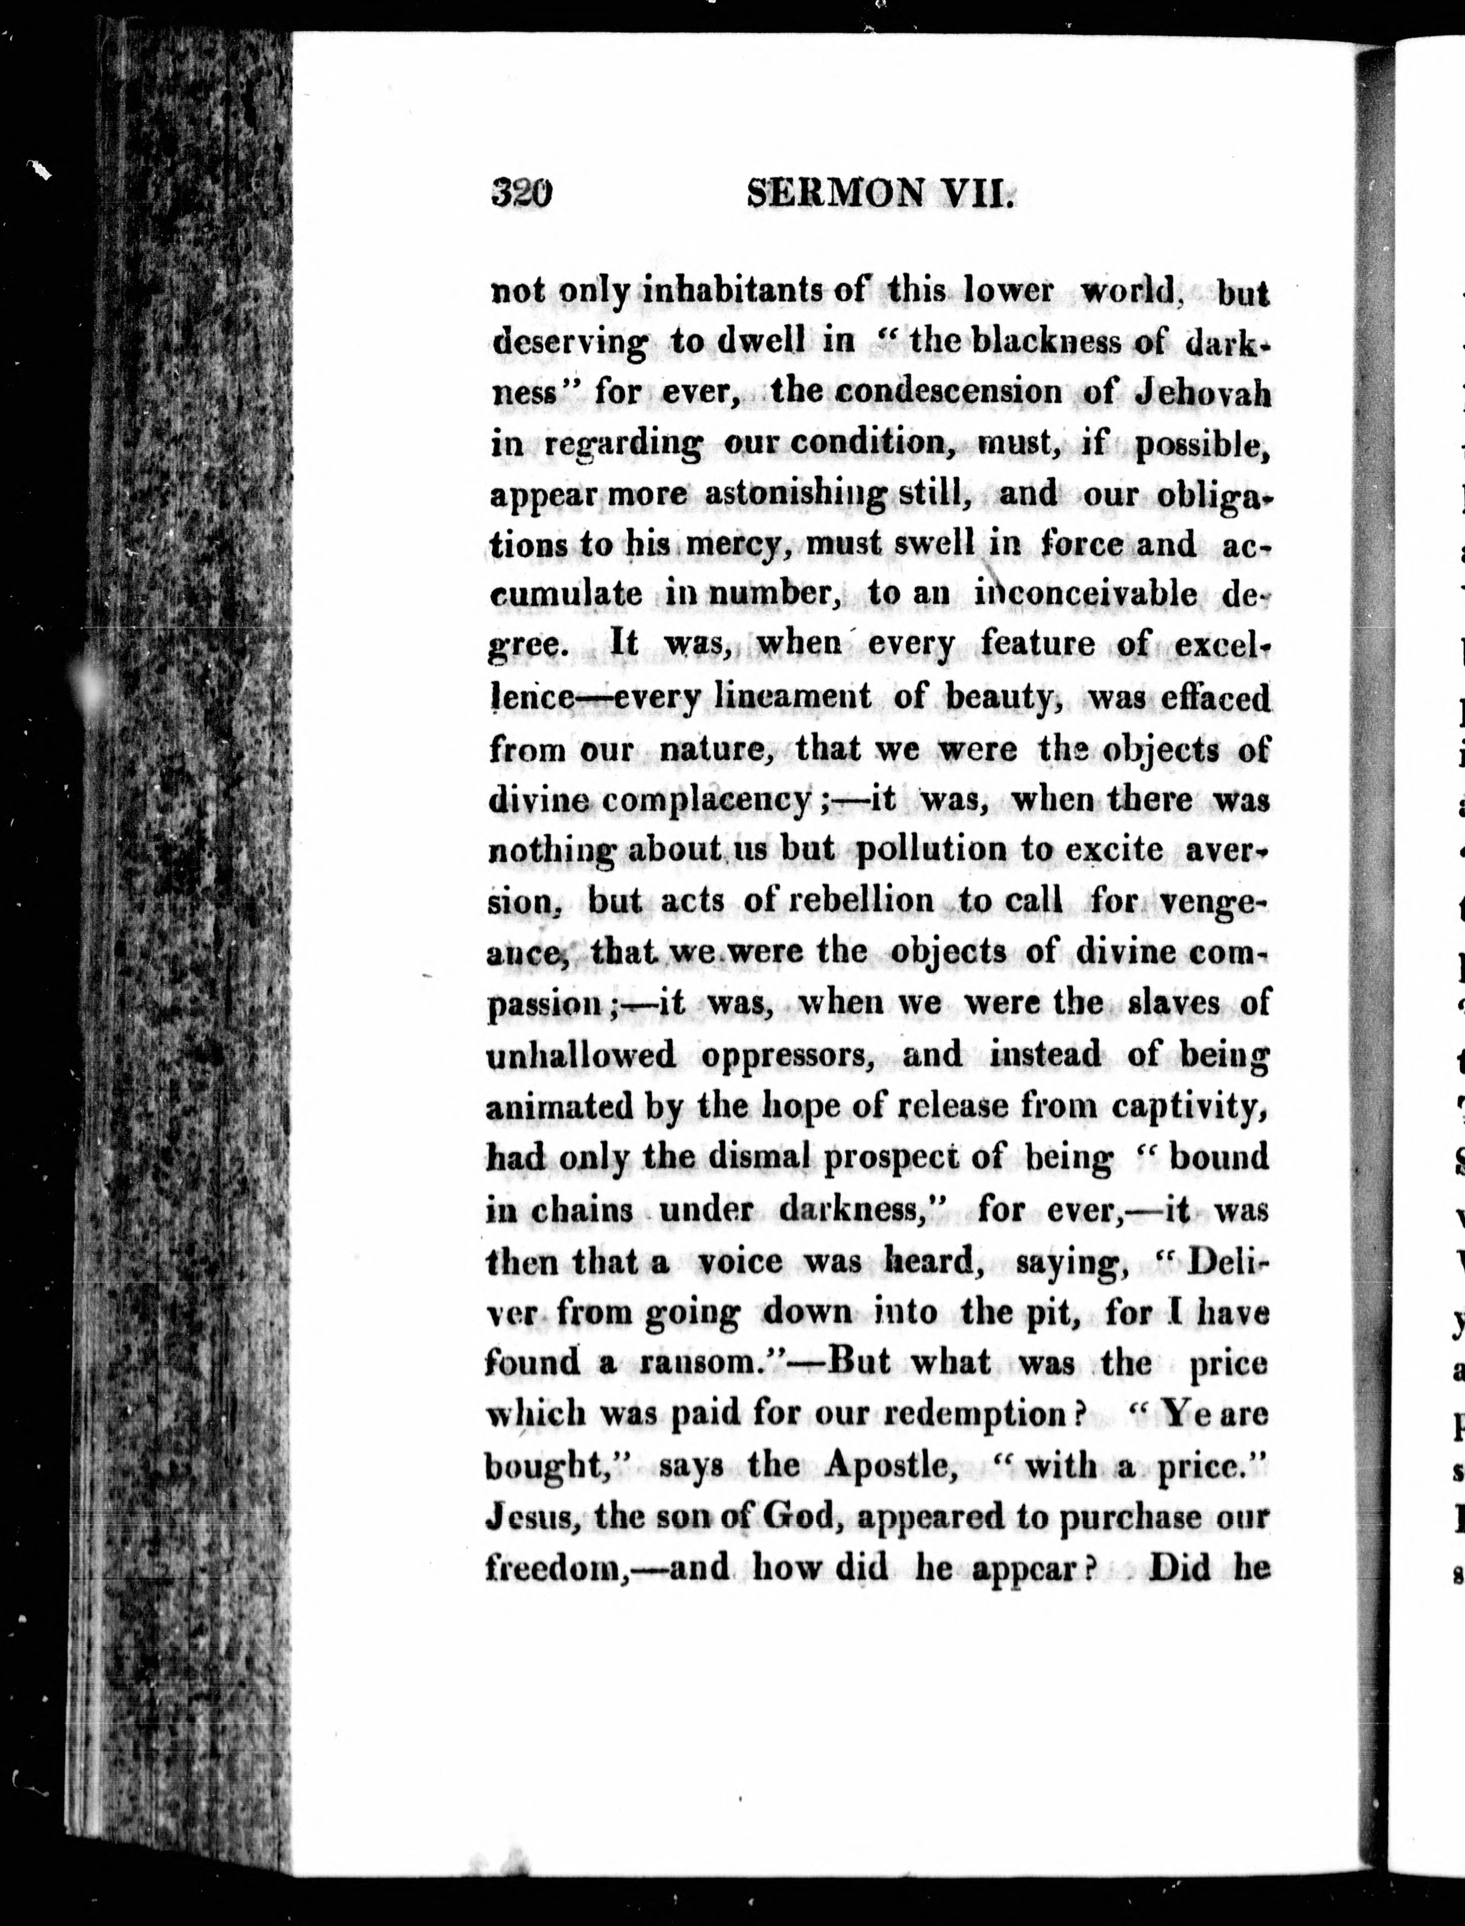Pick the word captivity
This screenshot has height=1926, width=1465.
(1190, 1106)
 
